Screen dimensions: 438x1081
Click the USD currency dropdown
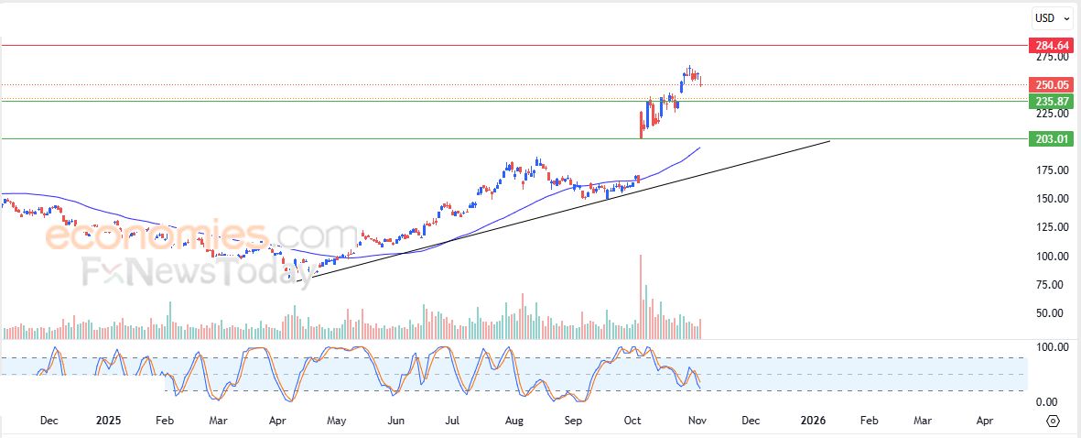coord(1051,17)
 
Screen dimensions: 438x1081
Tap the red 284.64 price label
coord(1051,45)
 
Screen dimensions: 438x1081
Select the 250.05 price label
coord(1051,84)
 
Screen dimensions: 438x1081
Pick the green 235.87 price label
coord(1051,101)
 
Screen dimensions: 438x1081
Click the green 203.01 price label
coord(1051,138)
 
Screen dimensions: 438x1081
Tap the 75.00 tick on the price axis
coord(1051,285)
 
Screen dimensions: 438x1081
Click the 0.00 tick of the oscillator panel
coord(1051,402)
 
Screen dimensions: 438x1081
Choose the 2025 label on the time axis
coord(108,421)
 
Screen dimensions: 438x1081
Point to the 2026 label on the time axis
coord(813,421)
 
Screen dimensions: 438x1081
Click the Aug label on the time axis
coord(514,421)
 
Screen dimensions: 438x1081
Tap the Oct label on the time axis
coord(632,421)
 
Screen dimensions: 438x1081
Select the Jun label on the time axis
coord(395,421)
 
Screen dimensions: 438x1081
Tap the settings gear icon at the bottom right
coord(1053,421)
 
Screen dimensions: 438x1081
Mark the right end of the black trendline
coord(829,141)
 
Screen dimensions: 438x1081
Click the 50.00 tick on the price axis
coord(1051,313)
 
